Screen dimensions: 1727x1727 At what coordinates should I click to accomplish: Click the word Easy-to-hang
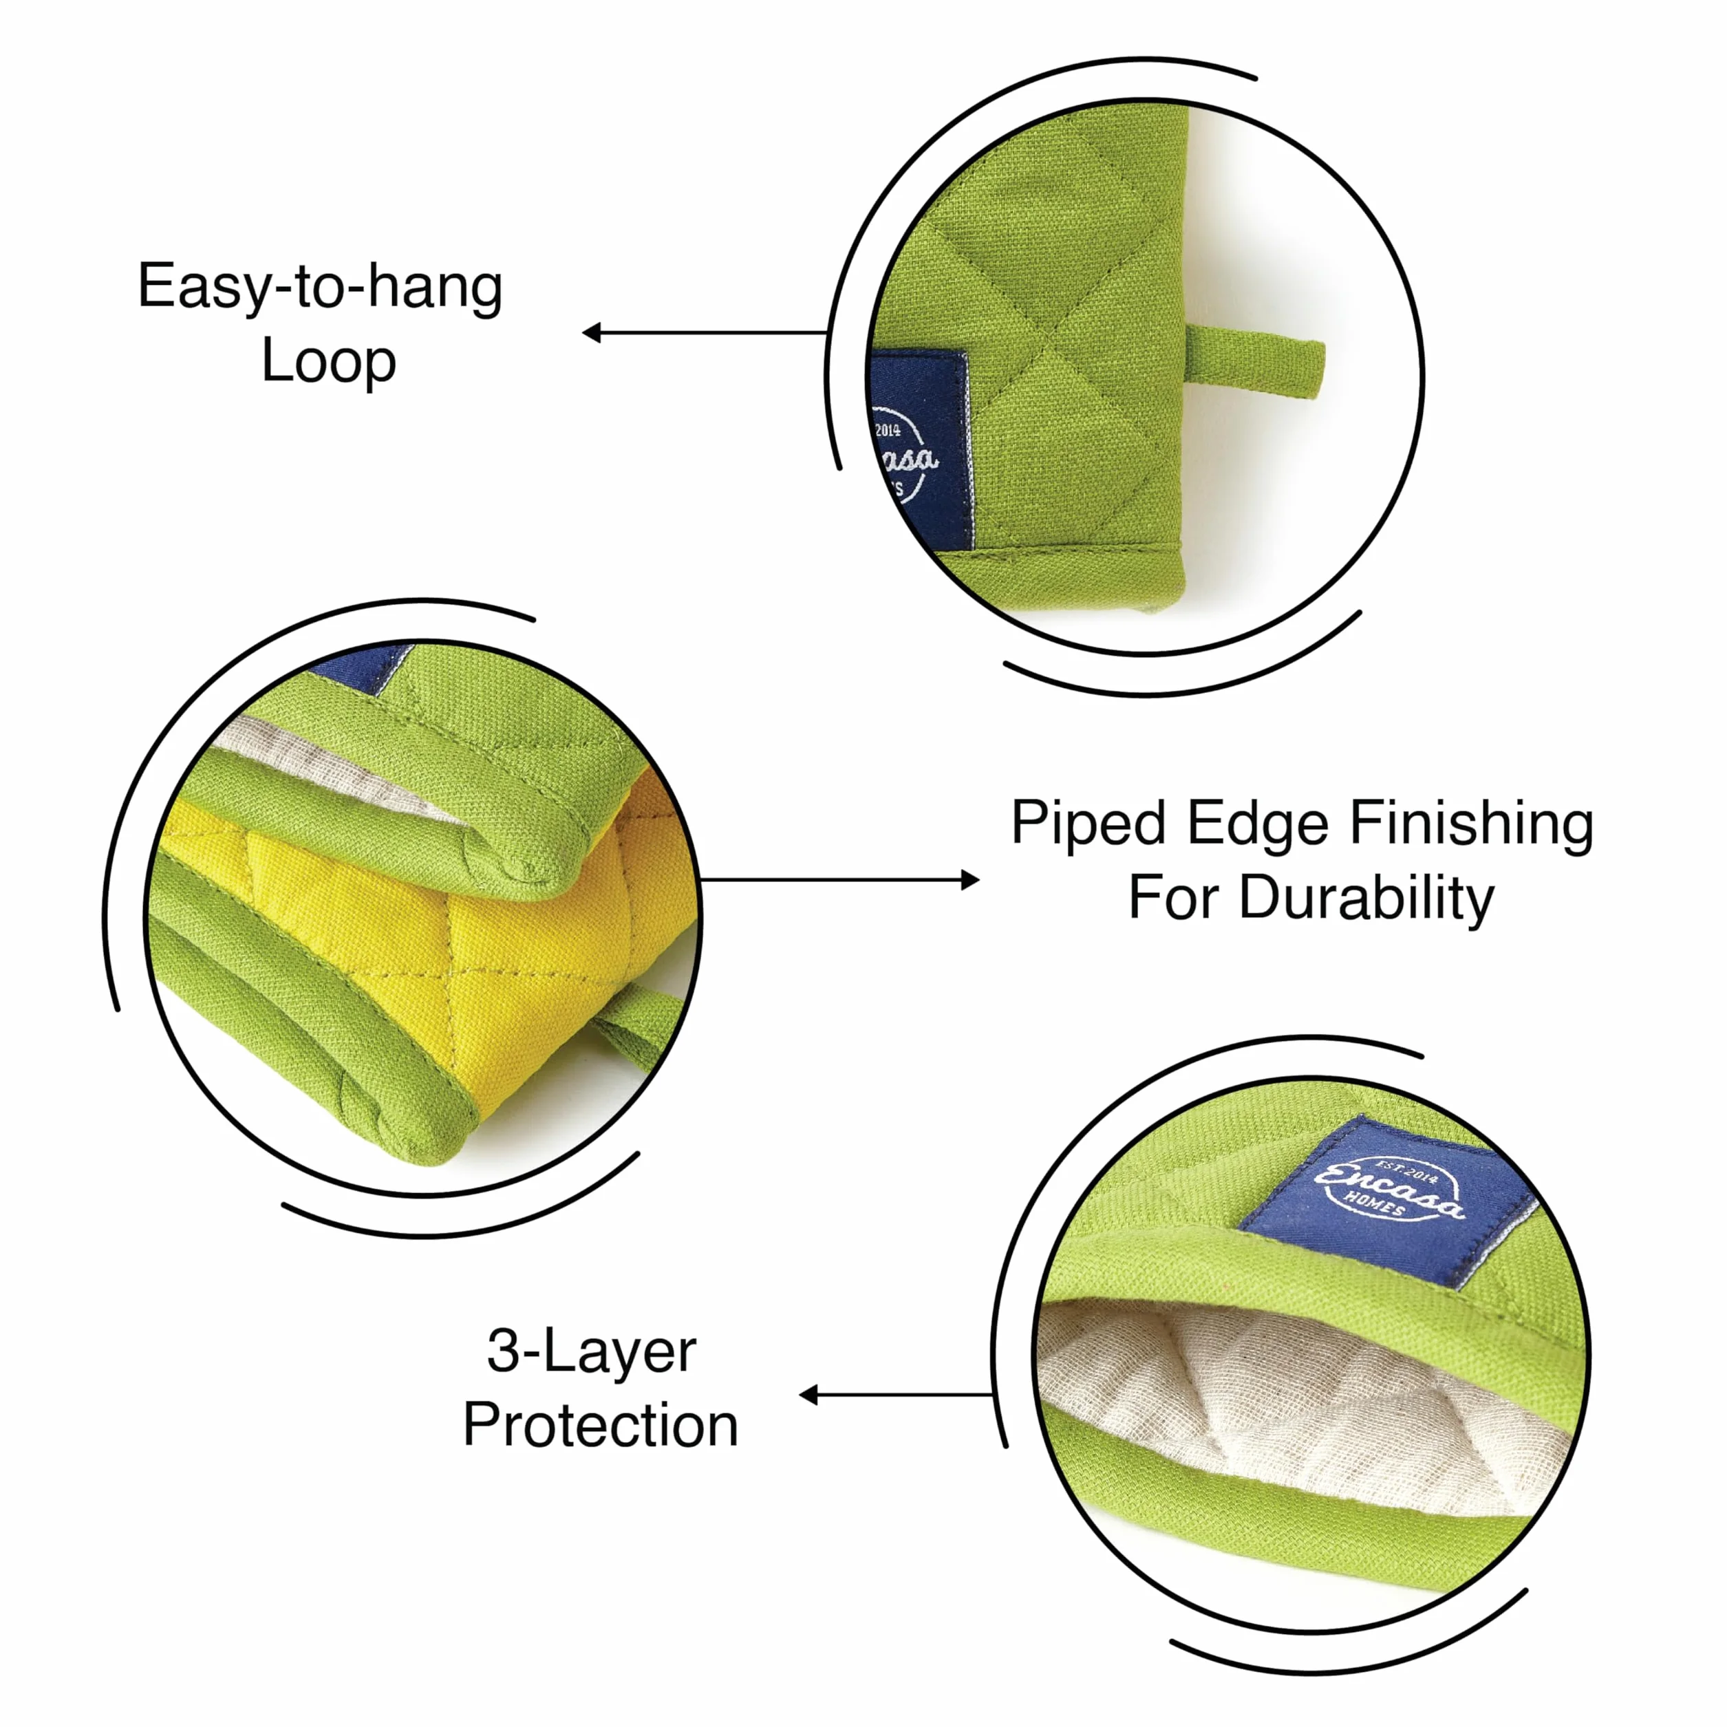(x=320, y=288)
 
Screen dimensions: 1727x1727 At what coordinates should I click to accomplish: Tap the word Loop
(x=329, y=362)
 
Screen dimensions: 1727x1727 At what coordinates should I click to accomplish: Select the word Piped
(x=1088, y=824)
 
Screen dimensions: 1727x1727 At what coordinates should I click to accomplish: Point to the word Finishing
(x=1471, y=824)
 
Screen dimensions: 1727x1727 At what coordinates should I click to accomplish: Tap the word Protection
(x=601, y=1425)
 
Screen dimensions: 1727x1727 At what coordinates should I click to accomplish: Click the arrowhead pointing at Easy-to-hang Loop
(x=592, y=332)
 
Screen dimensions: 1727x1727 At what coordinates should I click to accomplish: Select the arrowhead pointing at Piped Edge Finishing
(x=970, y=881)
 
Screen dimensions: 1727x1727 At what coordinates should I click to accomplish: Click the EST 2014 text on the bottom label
(x=1407, y=1172)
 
